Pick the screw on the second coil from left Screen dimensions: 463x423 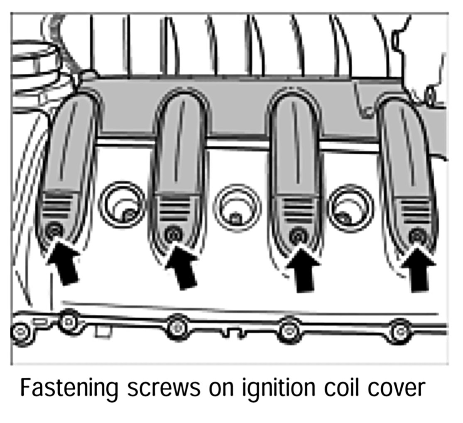tap(172, 234)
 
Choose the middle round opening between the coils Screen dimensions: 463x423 tap(237, 207)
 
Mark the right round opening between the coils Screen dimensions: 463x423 tap(351, 207)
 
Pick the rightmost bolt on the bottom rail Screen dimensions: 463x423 tap(400, 331)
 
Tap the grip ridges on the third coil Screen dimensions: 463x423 tap(298, 209)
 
